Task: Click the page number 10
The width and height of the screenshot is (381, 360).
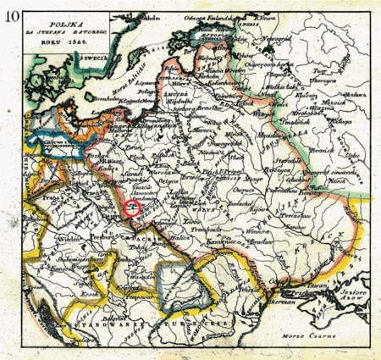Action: [12, 12]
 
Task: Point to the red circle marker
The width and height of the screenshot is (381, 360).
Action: [131, 207]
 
